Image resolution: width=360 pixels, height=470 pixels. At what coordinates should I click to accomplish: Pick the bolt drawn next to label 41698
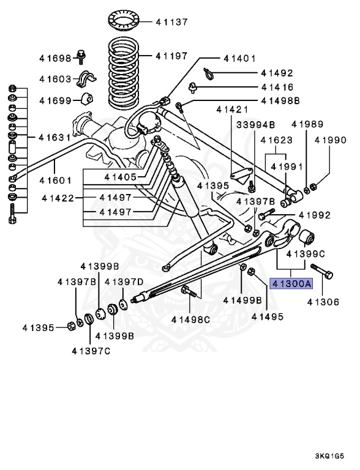coord(81,56)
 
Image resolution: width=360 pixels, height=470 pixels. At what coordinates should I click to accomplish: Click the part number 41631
coord(56,137)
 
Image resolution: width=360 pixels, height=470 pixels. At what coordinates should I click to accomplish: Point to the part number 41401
coord(239,59)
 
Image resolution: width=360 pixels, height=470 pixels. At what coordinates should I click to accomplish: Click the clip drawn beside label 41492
coord(209,74)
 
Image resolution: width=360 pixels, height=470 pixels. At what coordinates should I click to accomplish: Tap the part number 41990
coord(330,140)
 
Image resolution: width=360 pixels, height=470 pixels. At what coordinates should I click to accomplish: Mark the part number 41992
coord(314,215)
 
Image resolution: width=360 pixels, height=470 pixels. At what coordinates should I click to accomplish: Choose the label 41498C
coord(190,319)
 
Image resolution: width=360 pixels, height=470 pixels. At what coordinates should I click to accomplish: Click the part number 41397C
coord(90,351)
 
